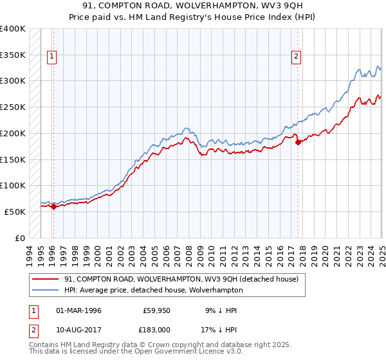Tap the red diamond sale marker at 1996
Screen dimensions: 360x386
point(53,206)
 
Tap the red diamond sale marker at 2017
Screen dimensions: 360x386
point(299,143)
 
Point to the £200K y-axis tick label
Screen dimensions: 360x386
point(13,133)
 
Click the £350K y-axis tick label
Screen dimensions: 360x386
point(13,55)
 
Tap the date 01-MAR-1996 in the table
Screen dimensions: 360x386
point(79,310)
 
